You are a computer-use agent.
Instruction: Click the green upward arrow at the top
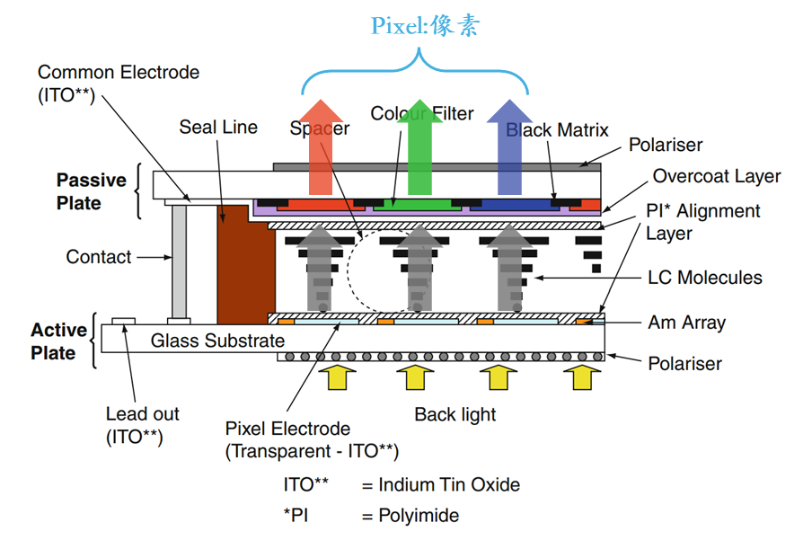click(x=419, y=153)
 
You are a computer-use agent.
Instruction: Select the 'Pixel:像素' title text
click(x=425, y=24)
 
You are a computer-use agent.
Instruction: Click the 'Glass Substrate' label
click(x=217, y=341)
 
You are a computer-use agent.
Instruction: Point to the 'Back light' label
click(x=455, y=414)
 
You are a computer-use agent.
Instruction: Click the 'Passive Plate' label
click(x=91, y=191)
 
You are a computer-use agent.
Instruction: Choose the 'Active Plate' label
click(x=59, y=341)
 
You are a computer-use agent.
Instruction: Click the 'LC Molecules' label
click(x=705, y=278)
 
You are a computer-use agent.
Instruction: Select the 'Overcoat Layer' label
click(x=717, y=176)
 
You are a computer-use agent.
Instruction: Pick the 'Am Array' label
click(x=687, y=322)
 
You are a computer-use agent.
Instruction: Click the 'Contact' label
click(x=99, y=257)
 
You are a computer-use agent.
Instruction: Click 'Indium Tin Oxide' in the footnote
click(x=448, y=485)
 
